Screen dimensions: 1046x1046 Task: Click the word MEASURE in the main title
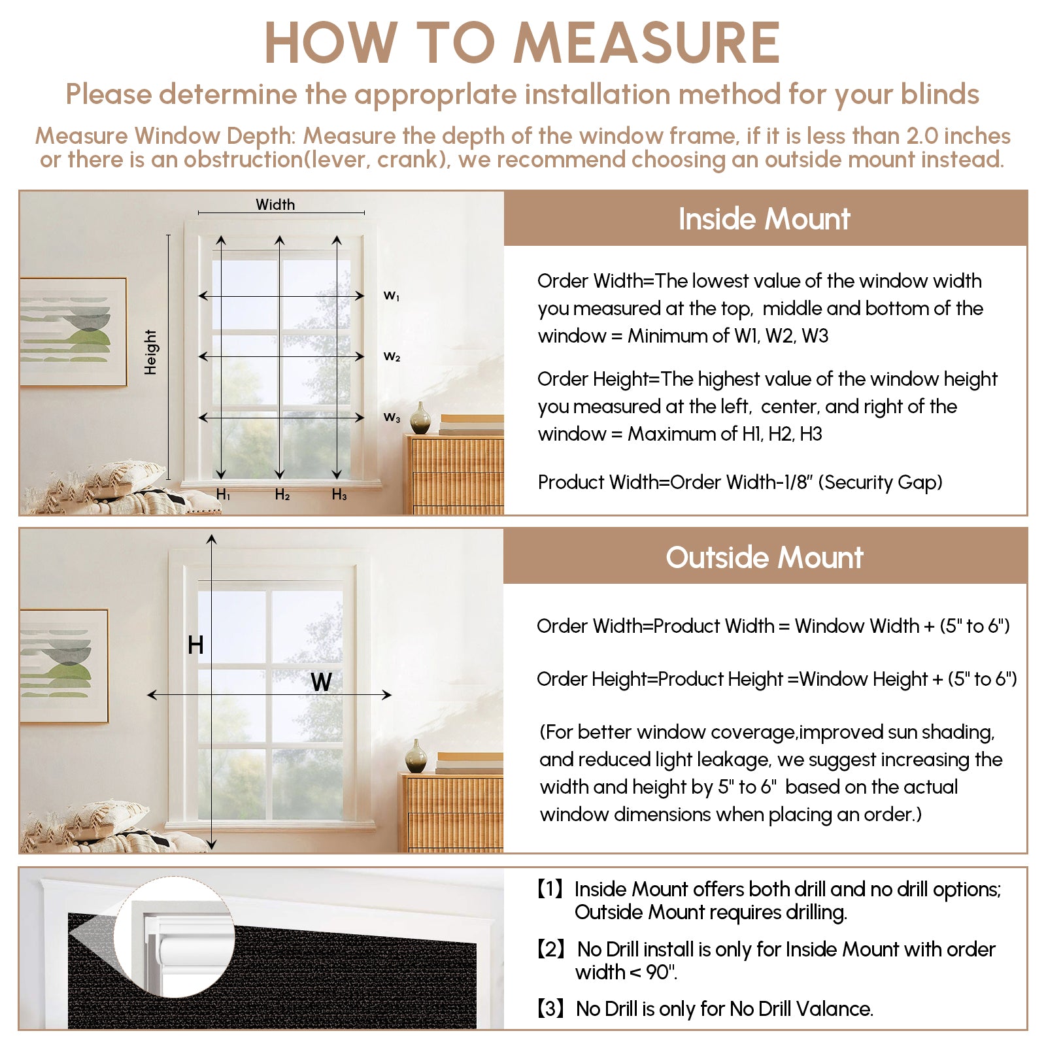(647, 43)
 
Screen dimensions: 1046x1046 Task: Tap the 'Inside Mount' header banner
(764, 219)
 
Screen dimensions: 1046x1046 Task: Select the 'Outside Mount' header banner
(764, 558)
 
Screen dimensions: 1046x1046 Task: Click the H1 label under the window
(223, 495)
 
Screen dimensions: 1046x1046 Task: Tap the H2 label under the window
(282, 495)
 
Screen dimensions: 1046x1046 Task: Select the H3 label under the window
(339, 495)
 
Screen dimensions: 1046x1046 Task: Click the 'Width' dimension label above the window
(275, 205)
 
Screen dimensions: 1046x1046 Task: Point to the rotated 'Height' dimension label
(151, 352)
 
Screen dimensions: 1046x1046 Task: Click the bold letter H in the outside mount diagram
(195, 645)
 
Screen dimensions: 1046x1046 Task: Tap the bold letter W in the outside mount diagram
(321, 682)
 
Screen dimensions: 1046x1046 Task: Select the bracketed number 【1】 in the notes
(550, 889)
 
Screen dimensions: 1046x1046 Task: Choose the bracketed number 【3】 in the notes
(550, 1009)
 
